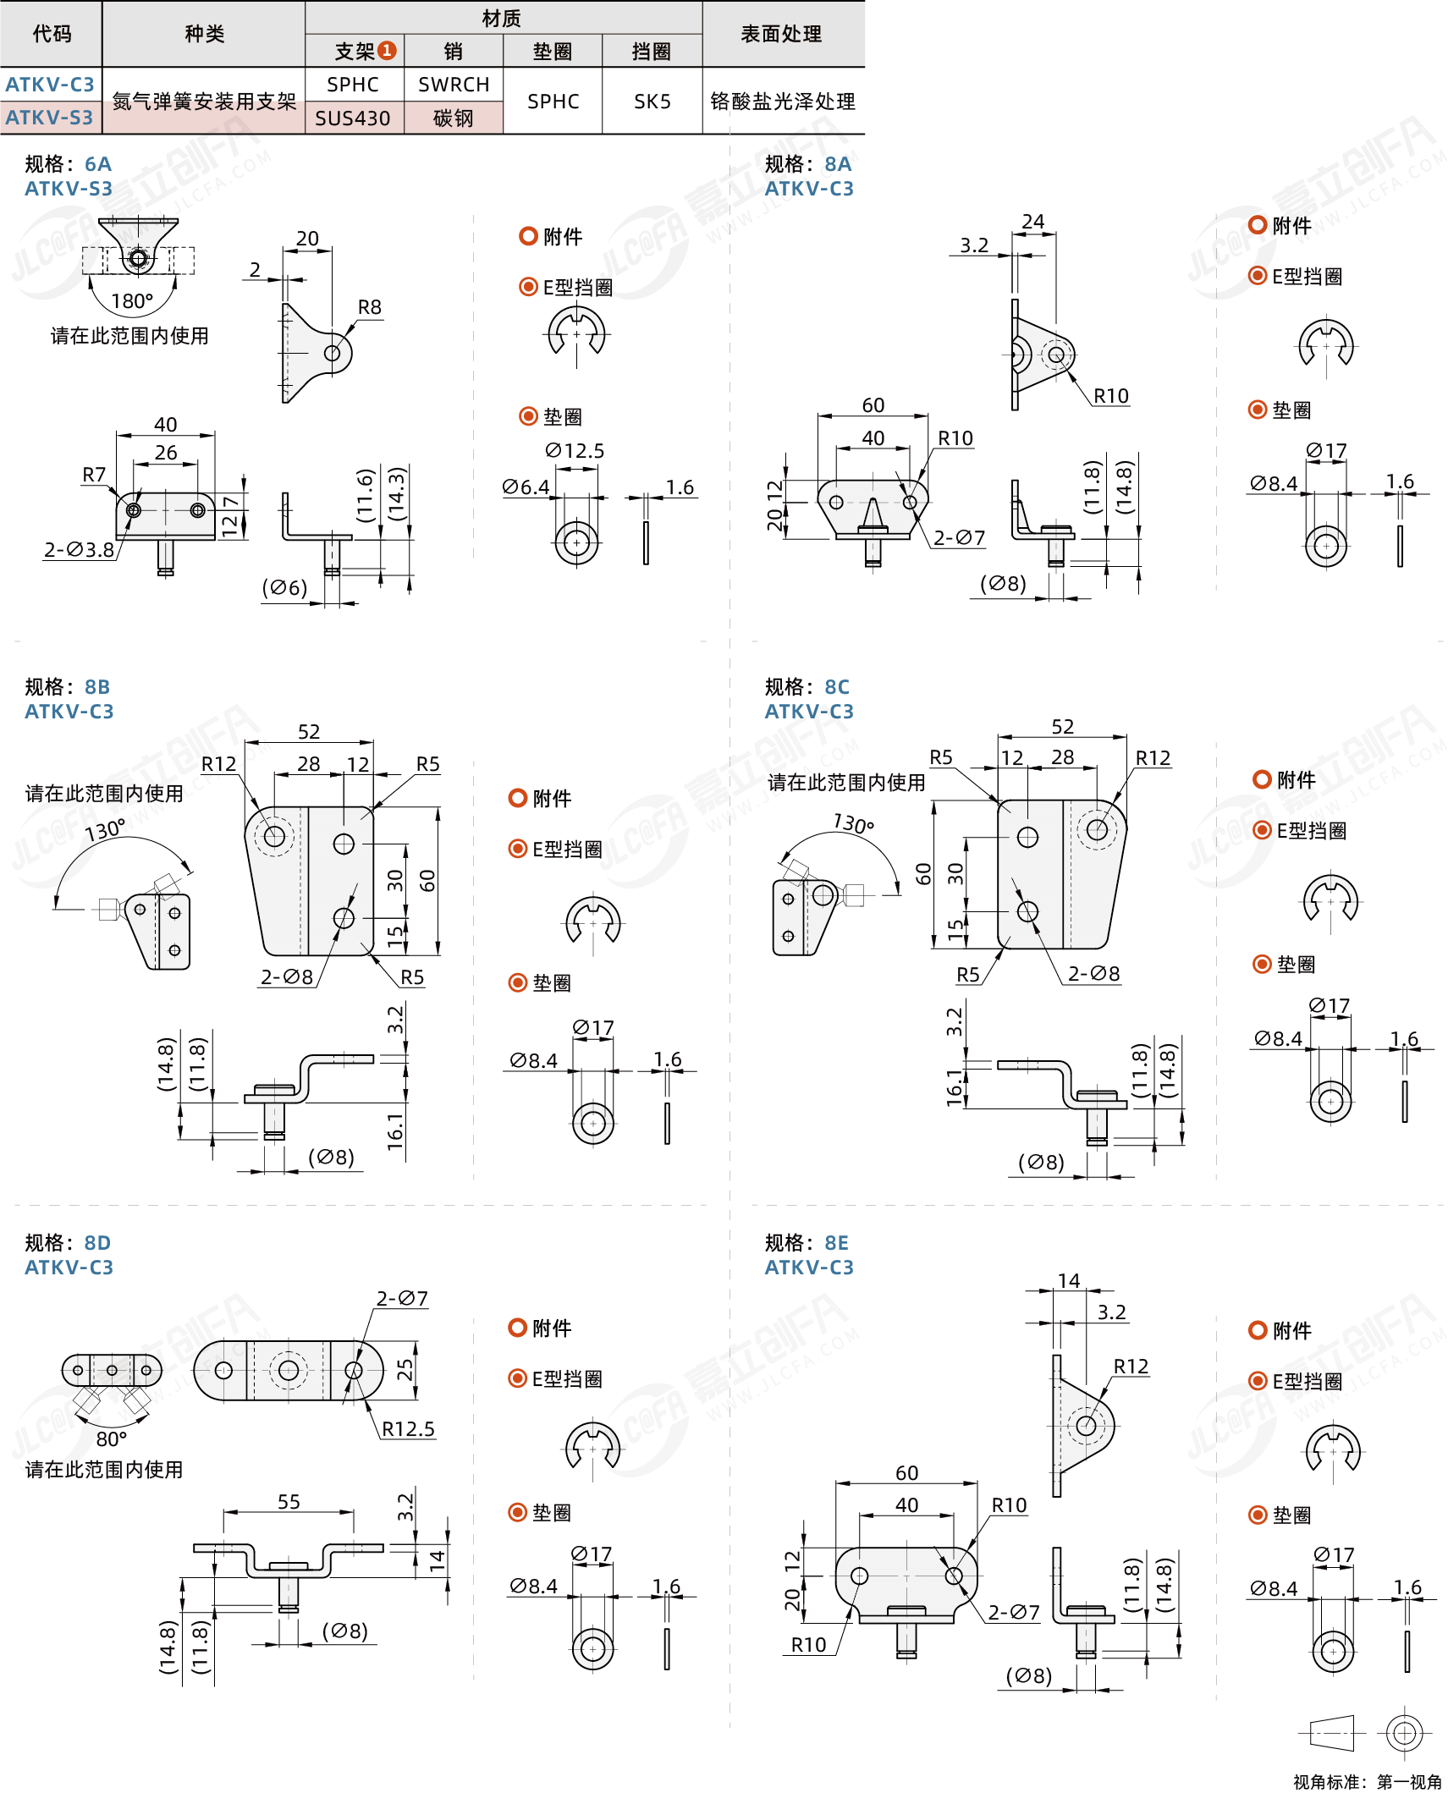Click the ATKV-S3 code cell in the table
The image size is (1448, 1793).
[49, 118]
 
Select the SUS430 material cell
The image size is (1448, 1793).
[353, 118]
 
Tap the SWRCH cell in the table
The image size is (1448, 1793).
[454, 85]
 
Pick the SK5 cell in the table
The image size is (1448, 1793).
[652, 102]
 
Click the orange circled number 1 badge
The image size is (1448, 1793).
[387, 51]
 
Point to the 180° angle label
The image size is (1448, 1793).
[132, 301]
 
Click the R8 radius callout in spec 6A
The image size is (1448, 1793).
[370, 307]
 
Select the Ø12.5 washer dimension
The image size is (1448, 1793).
[575, 451]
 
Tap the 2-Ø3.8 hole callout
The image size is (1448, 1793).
[80, 550]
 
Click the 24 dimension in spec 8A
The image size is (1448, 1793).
[1033, 222]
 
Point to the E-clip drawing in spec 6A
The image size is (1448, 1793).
[576, 333]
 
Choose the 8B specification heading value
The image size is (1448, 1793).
[97, 686]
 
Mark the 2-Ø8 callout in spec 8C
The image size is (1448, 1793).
[1093, 974]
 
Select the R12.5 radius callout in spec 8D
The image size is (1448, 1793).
[408, 1429]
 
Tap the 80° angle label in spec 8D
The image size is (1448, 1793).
[111, 1438]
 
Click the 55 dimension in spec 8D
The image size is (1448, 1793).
[289, 1501]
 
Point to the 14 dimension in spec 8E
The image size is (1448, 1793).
[1069, 1281]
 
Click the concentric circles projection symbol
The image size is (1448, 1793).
[1404, 1733]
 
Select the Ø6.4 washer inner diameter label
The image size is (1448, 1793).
[526, 487]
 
